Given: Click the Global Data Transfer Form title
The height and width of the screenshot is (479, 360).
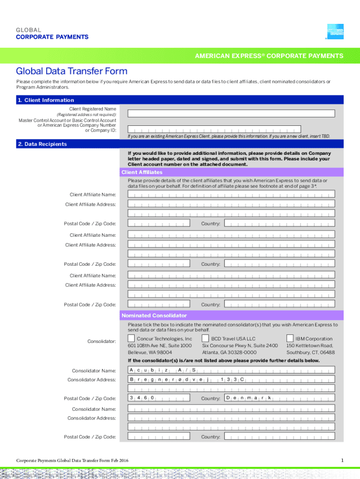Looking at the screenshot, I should [72, 71].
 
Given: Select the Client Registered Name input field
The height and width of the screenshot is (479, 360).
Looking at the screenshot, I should [231, 113].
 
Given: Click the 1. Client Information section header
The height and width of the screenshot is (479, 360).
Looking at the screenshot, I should [46, 100].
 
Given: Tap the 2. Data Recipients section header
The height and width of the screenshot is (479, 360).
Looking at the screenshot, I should [42, 144].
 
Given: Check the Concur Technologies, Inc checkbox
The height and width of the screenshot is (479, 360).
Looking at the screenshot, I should [131, 338].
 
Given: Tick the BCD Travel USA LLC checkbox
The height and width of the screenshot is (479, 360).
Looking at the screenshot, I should [205, 338].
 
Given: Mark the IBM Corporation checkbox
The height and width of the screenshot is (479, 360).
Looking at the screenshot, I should [290, 338].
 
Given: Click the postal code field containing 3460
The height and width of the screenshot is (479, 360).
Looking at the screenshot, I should [159, 398].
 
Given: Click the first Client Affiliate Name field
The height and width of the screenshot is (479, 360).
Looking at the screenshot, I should [231, 195].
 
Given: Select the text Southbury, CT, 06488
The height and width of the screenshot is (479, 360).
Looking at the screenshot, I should [310, 352].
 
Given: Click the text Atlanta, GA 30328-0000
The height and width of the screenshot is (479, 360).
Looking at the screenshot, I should [229, 352].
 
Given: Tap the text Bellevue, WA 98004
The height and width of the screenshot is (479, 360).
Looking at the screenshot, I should [150, 352].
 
